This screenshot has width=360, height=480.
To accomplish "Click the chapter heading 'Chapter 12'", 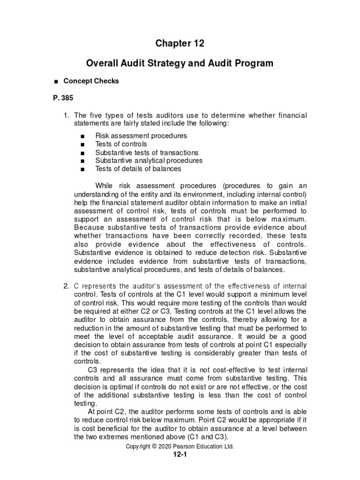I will [x=180, y=44].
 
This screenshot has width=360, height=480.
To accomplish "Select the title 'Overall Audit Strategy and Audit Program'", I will [x=180, y=63].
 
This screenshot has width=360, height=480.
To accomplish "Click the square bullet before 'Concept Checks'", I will [x=56, y=82].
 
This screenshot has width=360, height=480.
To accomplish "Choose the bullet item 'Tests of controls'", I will [x=121, y=144].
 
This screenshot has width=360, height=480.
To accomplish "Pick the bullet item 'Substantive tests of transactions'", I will [x=147, y=152].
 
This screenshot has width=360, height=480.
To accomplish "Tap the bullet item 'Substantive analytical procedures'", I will [x=149, y=160].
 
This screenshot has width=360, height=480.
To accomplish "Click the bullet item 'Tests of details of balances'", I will [x=138, y=169].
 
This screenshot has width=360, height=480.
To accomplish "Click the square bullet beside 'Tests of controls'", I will [x=82, y=144].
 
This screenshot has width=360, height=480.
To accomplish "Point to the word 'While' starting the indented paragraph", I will [x=105, y=185].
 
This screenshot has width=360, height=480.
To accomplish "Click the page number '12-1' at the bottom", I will [x=180, y=455].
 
